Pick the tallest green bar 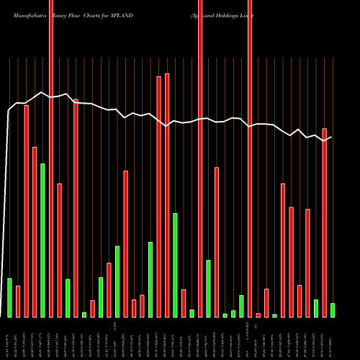tap(42, 240)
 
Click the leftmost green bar tap(9, 297)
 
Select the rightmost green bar tap(332, 310)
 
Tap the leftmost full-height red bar tap(51, 158)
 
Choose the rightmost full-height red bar tap(250, 158)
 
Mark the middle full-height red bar tap(200, 158)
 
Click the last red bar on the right tap(324, 222)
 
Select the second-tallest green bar tap(175, 265)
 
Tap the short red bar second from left tap(18, 301)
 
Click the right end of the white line tap(331, 137)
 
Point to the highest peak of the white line tap(43, 92)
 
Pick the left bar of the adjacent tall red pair tap(158, 197)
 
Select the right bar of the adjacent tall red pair tap(167, 195)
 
